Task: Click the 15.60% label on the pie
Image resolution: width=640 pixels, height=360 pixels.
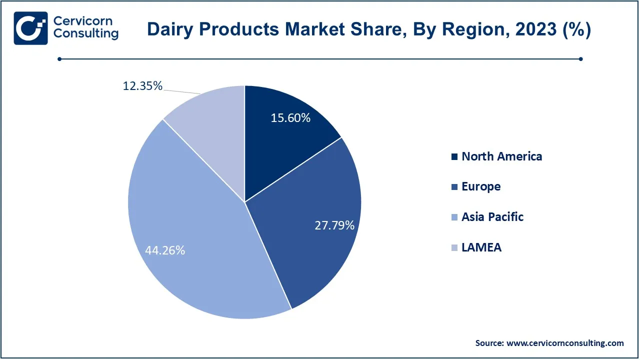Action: [x=290, y=118]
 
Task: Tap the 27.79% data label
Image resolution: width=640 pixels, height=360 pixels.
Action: [x=334, y=225]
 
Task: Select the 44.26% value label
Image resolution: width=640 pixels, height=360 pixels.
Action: [x=165, y=250]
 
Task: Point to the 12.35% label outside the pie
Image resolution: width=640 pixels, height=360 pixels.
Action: [x=142, y=86]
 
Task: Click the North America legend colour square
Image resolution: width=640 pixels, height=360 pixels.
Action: [x=454, y=156]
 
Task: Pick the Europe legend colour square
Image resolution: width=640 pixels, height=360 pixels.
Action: [x=454, y=187]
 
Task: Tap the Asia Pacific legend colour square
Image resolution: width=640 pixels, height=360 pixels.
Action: [x=454, y=217]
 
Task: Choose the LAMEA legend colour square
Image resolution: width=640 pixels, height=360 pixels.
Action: [x=454, y=247]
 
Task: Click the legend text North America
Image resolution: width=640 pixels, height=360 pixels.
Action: [x=502, y=156]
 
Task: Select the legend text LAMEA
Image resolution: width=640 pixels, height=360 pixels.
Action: [x=481, y=247]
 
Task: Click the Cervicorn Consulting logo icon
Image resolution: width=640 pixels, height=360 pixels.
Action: [x=31, y=28]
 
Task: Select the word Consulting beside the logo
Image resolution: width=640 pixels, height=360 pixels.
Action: [x=85, y=33]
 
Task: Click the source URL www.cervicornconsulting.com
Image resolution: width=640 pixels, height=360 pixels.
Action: [x=565, y=343]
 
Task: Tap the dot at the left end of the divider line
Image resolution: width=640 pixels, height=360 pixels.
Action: [x=59, y=59]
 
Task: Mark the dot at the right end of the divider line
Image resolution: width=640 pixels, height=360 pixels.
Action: [x=581, y=59]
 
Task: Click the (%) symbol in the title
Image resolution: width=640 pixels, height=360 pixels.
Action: [x=576, y=29]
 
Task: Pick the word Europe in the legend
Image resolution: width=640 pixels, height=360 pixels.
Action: [x=481, y=187]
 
